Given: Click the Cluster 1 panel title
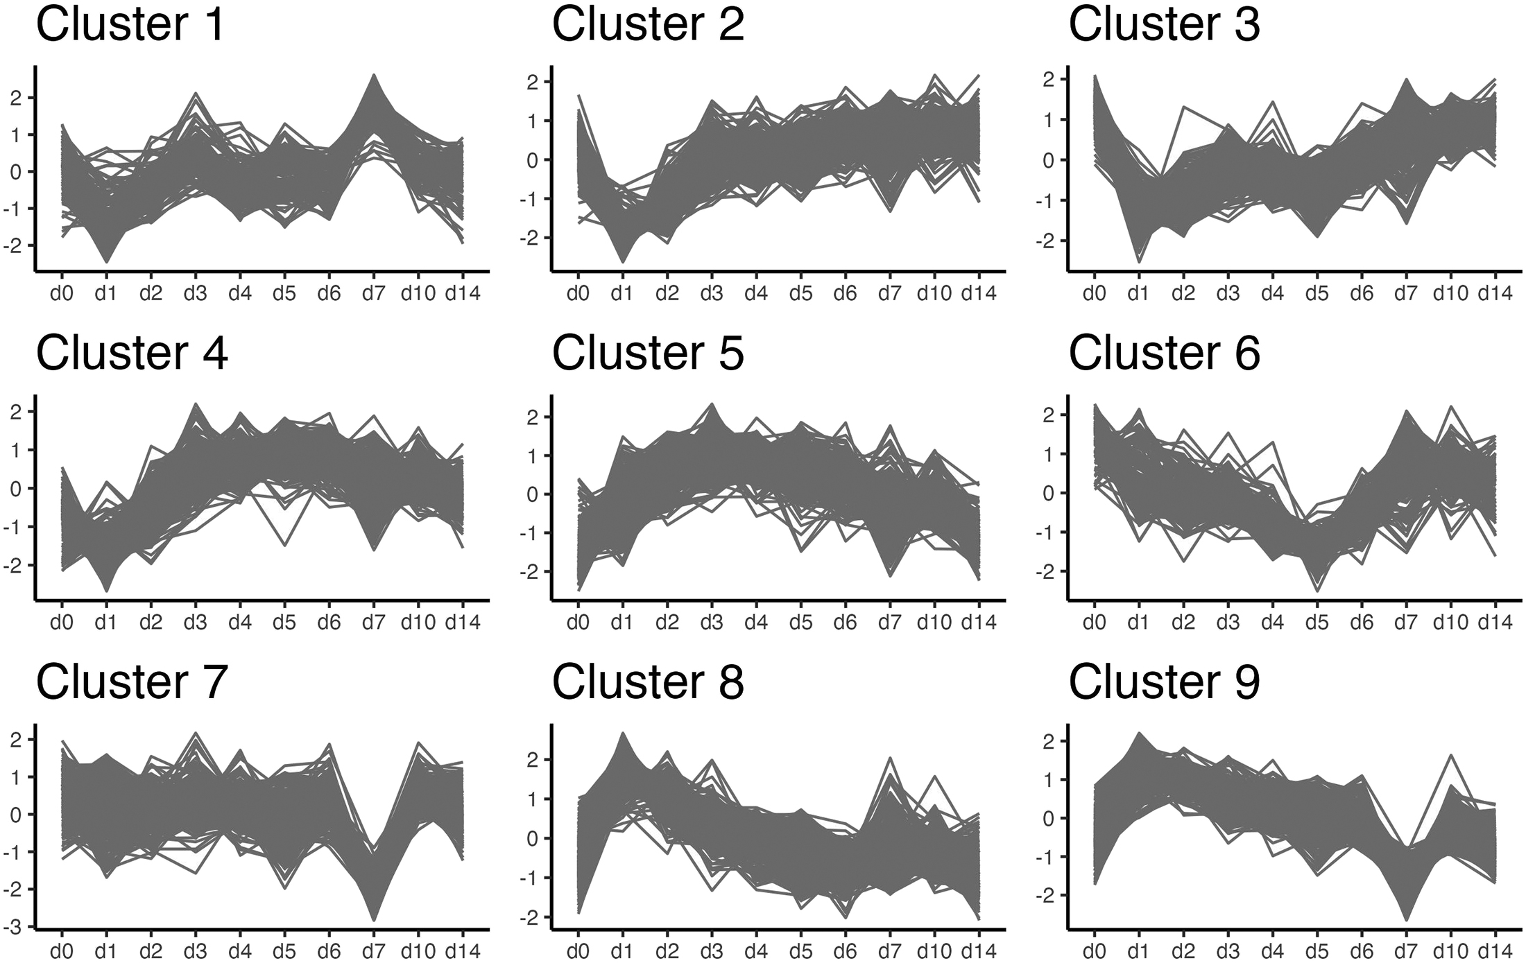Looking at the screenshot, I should point(130,24).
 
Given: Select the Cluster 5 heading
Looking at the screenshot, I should point(647,353).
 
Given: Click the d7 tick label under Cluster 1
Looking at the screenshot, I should point(373,294).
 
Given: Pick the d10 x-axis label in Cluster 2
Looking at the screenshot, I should point(933,294).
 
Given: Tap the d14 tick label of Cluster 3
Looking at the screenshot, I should point(1494,294).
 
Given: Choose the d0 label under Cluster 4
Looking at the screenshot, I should point(61,623).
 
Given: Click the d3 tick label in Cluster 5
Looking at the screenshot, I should point(711,623).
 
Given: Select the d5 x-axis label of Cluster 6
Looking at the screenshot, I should point(1317,623).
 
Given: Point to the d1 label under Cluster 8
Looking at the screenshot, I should point(622,951).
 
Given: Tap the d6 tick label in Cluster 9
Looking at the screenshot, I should point(1361,951).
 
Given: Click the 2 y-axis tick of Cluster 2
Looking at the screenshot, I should point(533,82).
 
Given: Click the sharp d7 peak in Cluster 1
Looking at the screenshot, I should point(373,76).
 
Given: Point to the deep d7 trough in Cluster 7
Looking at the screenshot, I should point(374,919).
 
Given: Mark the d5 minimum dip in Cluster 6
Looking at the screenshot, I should point(1317,589).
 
